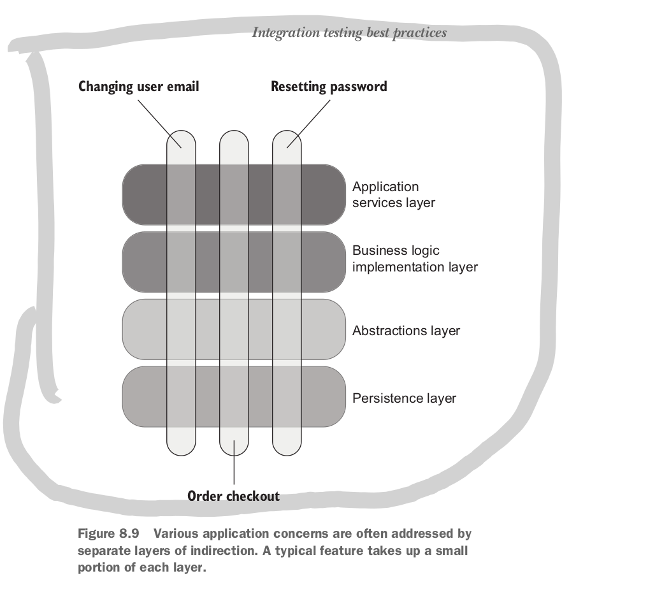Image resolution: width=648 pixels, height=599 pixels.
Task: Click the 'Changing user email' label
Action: (x=138, y=87)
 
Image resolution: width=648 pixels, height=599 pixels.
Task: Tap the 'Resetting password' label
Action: (x=329, y=87)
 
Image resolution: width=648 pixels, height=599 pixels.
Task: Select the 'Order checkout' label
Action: (x=233, y=496)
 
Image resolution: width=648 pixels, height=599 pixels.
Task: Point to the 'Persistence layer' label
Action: (x=404, y=398)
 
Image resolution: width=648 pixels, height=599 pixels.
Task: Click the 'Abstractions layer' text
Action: (x=406, y=331)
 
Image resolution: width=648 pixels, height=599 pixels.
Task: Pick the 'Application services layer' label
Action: (x=393, y=195)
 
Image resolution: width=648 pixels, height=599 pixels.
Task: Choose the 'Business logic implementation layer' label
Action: (x=414, y=259)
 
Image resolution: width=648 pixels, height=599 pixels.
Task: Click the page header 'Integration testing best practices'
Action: (x=349, y=32)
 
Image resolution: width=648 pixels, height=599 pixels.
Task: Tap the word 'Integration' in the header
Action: (x=280, y=32)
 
